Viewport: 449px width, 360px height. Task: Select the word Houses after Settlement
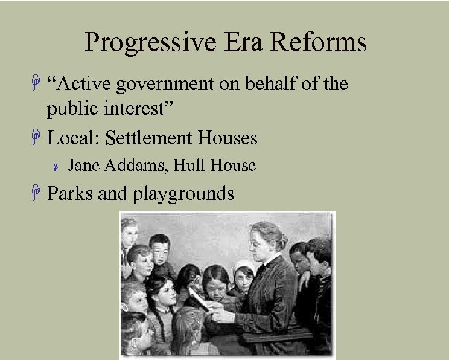coord(228,138)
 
